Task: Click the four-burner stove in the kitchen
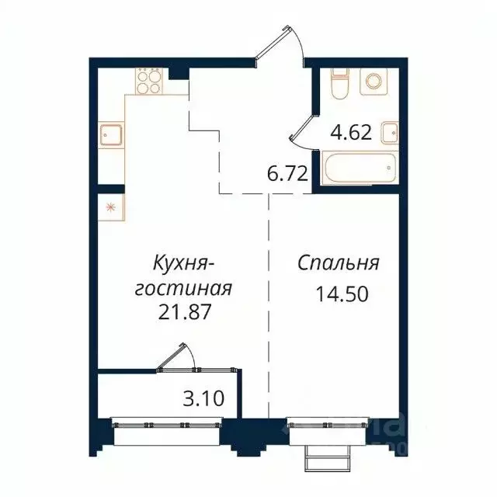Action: coord(148,82)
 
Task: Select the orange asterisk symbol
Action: coord(109,207)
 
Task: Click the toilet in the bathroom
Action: coord(339,82)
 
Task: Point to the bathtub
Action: coord(358,169)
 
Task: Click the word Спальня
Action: coord(339,263)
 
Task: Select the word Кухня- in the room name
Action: coord(185,263)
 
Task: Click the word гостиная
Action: coord(183,288)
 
